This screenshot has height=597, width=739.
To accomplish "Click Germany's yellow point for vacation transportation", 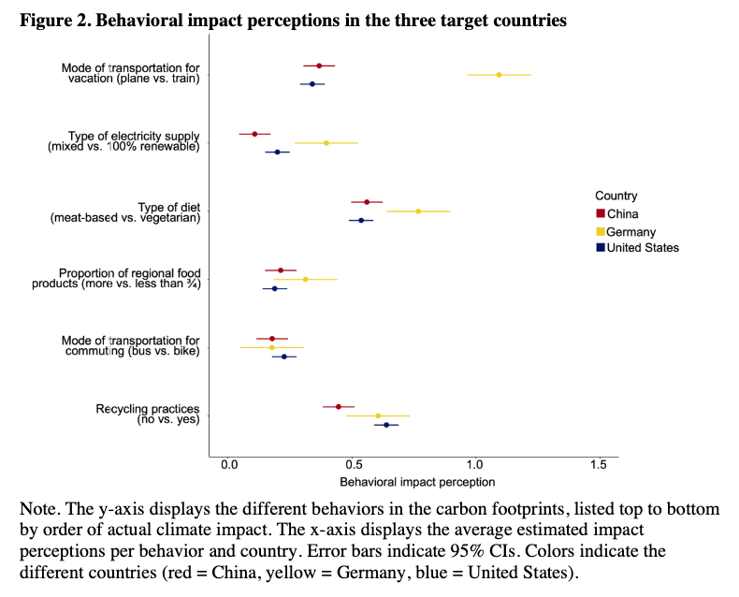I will pos(499,75).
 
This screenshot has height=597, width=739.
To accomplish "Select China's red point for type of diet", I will pos(367,202).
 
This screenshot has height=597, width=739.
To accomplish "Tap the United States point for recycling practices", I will pos(386,425).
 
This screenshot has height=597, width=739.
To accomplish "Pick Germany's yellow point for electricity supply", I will pos(326,143).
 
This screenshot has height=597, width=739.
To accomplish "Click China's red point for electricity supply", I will pos(254,134).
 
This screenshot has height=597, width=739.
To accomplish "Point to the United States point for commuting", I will pos(284,357).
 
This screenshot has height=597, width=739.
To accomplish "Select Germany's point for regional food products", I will pos(305,280).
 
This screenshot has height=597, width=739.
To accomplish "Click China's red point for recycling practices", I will pos(339,407).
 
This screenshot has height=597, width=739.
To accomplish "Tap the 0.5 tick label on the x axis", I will pos(352,465).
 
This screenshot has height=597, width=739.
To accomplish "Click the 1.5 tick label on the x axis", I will pos(599,465).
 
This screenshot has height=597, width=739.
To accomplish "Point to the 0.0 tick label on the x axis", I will pos(228,465).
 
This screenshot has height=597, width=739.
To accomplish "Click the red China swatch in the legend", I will pos(600,214).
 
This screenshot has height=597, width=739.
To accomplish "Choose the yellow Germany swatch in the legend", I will pos(600,231).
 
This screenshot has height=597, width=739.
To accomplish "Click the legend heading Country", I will pos(616,197).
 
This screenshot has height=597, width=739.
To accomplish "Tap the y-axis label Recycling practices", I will pos(148,410).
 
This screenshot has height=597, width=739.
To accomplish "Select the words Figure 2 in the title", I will pos(56,20).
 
